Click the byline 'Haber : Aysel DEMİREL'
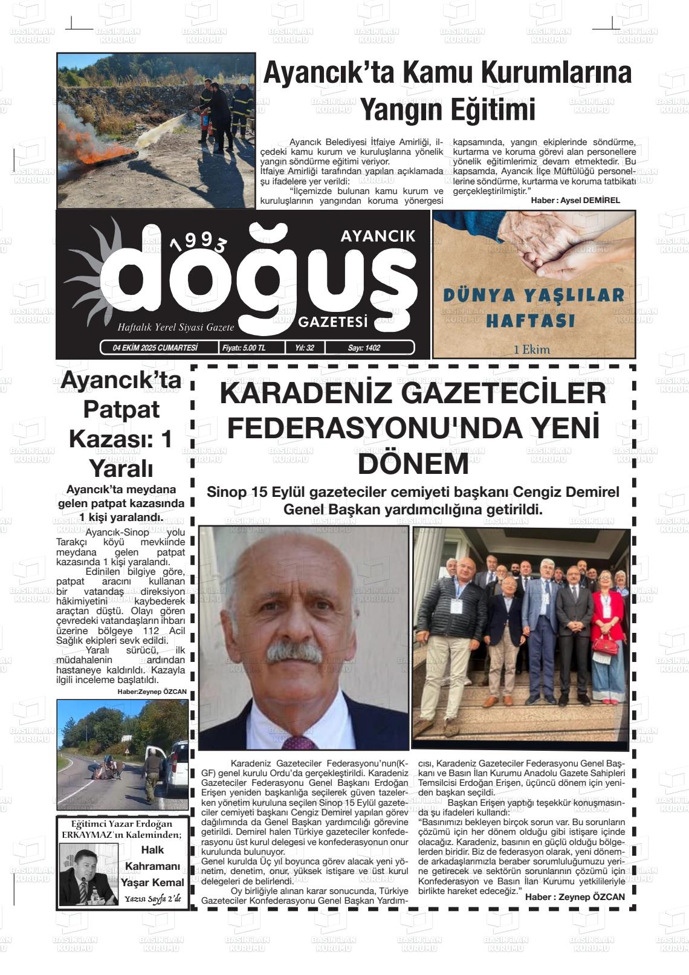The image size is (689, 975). pyautogui.click(x=575, y=200)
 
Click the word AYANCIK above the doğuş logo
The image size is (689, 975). pyautogui.click(x=378, y=236)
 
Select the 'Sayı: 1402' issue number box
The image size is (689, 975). pyautogui.click(x=364, y=348)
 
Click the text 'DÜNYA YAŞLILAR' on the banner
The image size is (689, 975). pyautogui.click(x=534, y=296)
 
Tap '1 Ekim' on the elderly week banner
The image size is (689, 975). pyautogui.click(x=532, y=349)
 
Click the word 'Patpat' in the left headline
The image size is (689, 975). pyautogui.click(x=121, y=409)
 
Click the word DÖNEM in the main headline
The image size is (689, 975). pyautogui.click(x=413, y=464)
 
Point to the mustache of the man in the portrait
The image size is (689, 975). pyautogui.click(x=294, y=652)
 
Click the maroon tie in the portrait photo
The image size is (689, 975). pyautogui.click(x=299, y=742)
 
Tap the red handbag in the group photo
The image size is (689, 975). pyautogui.click(x=604, y=646)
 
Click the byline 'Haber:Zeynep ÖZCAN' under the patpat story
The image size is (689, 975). pyautogui.click(x=152, y=692)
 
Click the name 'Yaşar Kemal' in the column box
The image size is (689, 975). pyautogui.click(x=152, y=882)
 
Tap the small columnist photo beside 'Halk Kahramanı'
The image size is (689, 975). pyautogui.click(x=88, y=874)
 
